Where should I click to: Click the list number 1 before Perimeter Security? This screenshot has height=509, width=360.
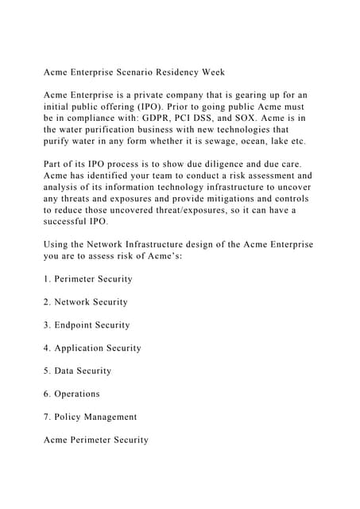pyautogui.click(x=47, y=279)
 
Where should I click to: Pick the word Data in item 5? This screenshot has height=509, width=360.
pyautogui.click(x=66, y=371)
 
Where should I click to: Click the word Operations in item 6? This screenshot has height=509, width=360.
pyautogui.click(x=77, y=394)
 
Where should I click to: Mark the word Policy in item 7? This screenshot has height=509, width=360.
pyautogui.click(x=69, y=417)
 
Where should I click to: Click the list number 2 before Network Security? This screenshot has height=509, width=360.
pyautogui.click(x=47, y=302)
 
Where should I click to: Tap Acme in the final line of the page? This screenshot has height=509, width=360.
pyautogui.click(x=57, y=440)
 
